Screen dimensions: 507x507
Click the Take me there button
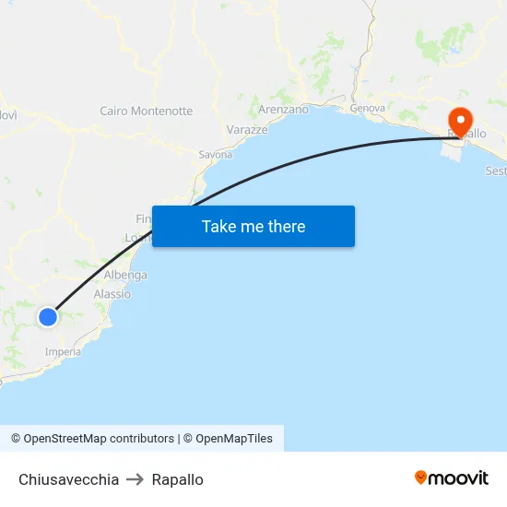(x=253, y=227)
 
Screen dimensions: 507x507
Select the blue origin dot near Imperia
(x=48, y=317)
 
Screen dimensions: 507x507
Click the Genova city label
(x=367, y=109)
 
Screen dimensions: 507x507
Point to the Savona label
(x=216, y=155)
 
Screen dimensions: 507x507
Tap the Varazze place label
(x=247, y=130)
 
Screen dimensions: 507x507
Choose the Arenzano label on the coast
(x=284, y=110)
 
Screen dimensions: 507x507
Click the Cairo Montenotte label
(x=147, y=112)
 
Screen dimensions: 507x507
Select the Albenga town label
(x=125, y=276)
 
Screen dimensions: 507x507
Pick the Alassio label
(x=112, y=294)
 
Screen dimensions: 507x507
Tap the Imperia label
(x=63, y=352)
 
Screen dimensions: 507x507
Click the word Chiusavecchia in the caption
(x=68, y=479)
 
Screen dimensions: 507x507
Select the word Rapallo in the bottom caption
(x=178, y=479)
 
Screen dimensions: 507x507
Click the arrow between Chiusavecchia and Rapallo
(x=135, y=479)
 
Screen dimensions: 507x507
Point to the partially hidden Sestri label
(x=495, y=171)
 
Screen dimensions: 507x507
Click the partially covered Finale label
(x=144, y=219)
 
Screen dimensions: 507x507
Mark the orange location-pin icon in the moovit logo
(x=421, y=478)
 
